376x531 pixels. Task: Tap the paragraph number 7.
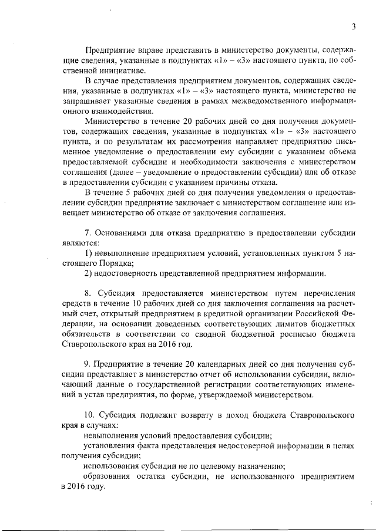click(88, 234)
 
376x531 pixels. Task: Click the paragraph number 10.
click(90, 414)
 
